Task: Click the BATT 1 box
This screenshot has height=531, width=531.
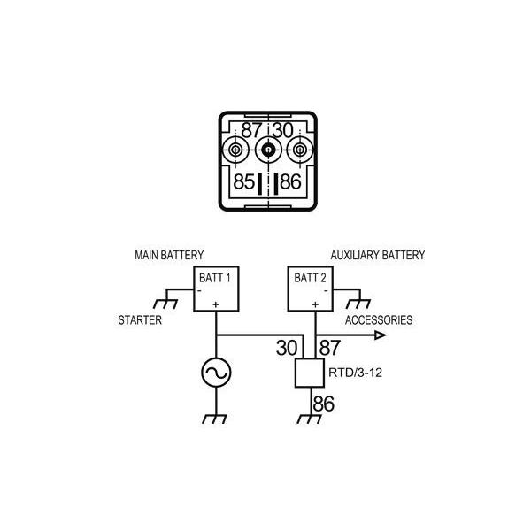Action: [216, 289]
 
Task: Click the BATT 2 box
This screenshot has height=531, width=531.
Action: [312, 289]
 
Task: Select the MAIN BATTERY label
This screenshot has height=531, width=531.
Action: [169, 255]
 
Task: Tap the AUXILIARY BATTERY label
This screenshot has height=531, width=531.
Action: [378, 255]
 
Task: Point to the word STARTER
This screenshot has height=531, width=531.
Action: [140, 320]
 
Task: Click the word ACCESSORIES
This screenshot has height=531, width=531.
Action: [378, 320]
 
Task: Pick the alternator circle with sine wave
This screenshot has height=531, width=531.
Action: [216, 373]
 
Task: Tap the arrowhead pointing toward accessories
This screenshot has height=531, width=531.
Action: [380, 335]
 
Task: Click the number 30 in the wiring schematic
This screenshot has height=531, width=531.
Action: [286, 348]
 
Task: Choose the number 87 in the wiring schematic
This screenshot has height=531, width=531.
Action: [330, 348]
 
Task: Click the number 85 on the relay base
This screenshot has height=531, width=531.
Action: [244, 183]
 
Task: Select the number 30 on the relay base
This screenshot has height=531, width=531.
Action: [282, 130]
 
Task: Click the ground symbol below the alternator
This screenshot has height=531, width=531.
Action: [216, 419]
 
